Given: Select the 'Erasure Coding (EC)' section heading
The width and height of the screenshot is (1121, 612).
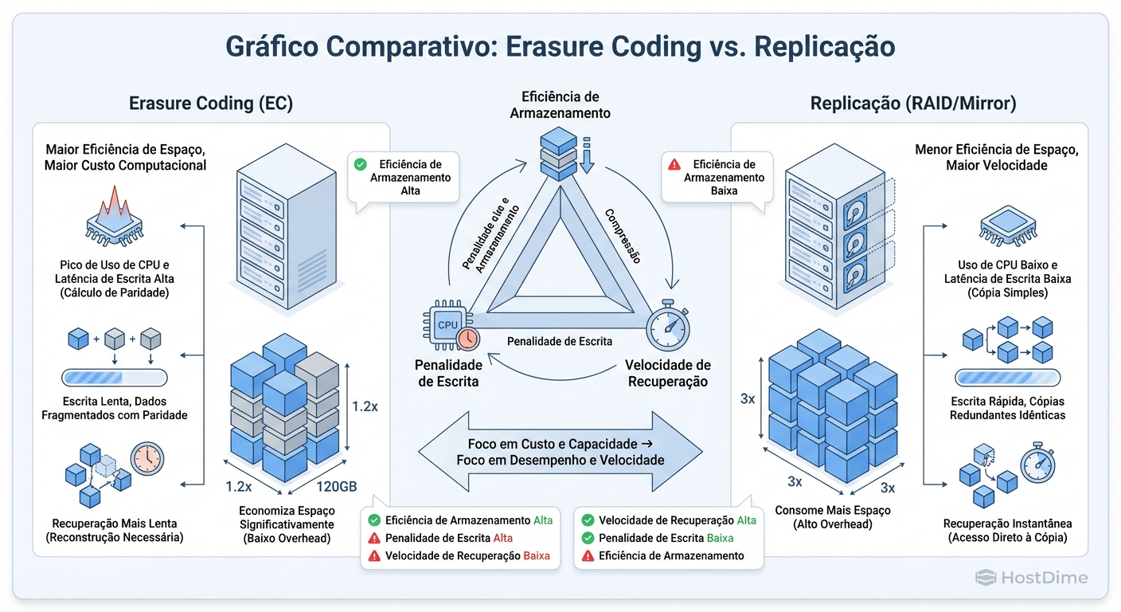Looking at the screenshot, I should (211, 104).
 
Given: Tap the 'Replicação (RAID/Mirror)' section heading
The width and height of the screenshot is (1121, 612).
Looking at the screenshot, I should (912, 104).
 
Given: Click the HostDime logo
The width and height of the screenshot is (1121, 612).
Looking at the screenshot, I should (1032, 578).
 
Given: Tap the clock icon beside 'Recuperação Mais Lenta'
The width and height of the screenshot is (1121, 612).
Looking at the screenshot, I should (146, 459).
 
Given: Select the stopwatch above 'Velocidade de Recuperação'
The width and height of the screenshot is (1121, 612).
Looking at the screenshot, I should (666, 326).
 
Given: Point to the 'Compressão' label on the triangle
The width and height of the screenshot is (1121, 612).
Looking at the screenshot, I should (623, 236).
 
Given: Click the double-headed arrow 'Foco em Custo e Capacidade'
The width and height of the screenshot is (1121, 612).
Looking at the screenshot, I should (560, 452).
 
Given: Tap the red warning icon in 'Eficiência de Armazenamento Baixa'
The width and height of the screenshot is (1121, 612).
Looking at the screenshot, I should (674, 164).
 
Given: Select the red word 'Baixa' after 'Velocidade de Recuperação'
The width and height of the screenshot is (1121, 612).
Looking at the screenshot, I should (537, 555).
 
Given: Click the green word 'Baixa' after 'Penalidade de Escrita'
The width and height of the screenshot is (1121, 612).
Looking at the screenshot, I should (720, 538).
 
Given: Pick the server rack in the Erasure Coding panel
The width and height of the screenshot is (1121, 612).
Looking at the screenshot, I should (262, 227).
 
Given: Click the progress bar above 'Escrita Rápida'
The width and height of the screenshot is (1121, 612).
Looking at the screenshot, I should (1007, 377).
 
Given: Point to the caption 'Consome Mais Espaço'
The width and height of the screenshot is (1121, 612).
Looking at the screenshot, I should (833, 510).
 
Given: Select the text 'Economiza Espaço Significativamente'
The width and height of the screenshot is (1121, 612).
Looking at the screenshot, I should (287, 517).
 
